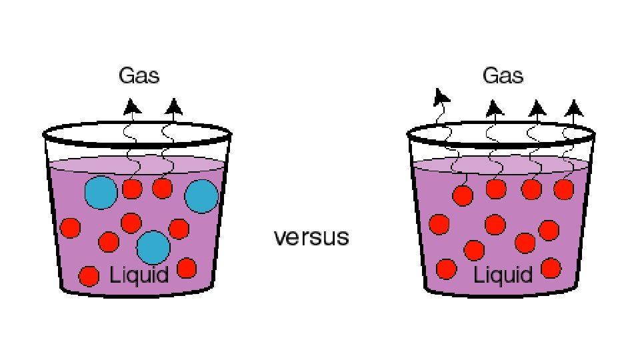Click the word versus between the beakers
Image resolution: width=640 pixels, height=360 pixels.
[x=311, y=237]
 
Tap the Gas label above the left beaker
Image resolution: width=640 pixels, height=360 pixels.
[x=139, y=75]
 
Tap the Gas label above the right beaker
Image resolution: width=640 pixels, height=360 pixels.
[x=503, y=75]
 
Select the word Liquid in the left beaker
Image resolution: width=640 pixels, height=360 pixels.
[x=139, y=273]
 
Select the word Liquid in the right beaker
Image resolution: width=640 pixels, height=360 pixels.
[x=503, y=273]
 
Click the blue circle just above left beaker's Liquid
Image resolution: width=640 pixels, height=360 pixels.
[x=153, y=247]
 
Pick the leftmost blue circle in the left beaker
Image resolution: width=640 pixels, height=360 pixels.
[x=101, y=193]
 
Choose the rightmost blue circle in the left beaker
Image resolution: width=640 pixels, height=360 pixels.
[x=201, y=197]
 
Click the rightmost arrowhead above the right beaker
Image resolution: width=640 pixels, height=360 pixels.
[x=573, y=107]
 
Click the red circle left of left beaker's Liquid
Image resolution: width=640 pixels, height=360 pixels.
[x=89, y=275]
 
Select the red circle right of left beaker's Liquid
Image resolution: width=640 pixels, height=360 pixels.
[x=187, y=268]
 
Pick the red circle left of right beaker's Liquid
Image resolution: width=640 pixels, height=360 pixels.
[x=446, y=269]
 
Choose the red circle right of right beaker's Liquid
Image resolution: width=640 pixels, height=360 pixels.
[x=551, y=268]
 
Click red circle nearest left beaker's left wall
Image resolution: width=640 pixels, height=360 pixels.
[x=70, y=228]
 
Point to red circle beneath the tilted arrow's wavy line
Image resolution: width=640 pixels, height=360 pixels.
[x=463, y=196]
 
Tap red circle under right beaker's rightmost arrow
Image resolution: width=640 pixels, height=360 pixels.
[x=563, y=189]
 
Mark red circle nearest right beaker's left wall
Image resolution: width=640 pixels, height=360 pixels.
[x=438, y=224]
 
